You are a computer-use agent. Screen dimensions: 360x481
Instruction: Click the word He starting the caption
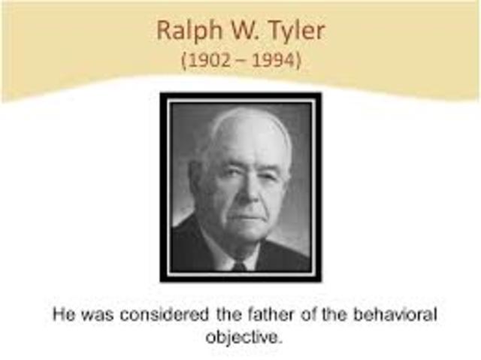(x=61, y=313)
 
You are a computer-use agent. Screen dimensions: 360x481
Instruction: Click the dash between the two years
(x=241, y=60)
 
